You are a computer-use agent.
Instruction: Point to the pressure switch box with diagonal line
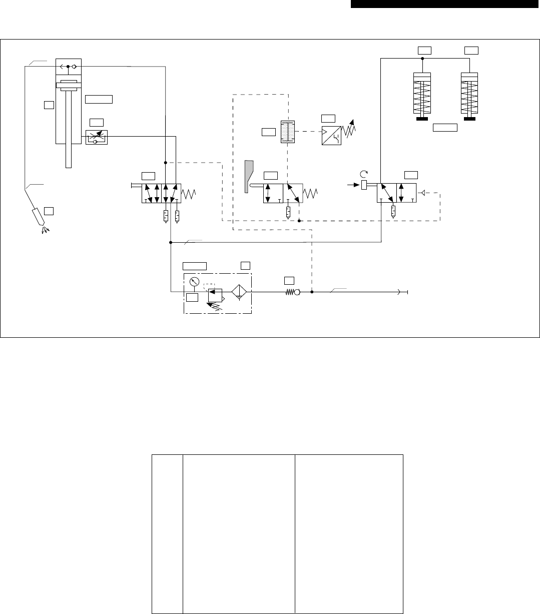point(332,136)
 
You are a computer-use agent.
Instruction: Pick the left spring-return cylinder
point(422,95)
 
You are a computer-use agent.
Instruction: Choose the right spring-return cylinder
point(470,95)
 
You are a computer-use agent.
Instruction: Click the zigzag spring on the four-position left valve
point(189,193)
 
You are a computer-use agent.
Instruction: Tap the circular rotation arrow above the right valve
point(364,174)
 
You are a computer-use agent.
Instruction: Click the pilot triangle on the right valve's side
point(423,193)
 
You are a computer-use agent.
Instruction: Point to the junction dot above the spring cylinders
point(422,58)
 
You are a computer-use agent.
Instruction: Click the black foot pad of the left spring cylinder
point(422,119)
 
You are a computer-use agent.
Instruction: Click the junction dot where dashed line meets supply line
point(312,292)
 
